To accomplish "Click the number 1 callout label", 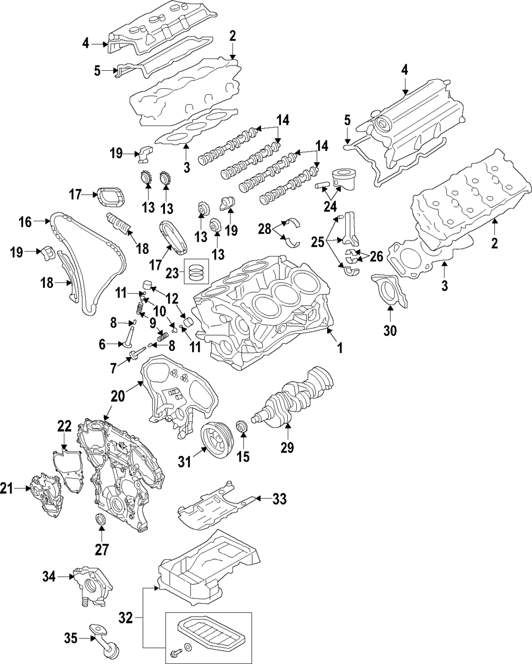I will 339,348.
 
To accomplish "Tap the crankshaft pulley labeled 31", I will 217,435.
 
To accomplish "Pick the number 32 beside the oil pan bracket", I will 126,618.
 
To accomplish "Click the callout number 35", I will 71,637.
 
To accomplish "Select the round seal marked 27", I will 100,519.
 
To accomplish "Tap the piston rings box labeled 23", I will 196,272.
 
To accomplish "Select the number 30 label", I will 390,331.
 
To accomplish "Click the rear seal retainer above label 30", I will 387,290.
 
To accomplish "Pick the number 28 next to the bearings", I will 265,229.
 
